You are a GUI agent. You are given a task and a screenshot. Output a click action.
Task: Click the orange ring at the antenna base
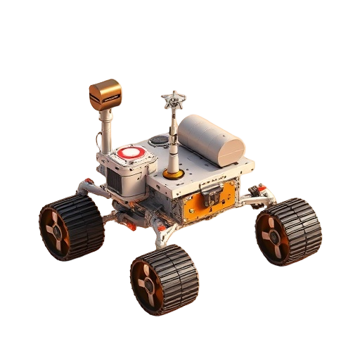(171, 173)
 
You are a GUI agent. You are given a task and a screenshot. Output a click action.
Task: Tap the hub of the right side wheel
(271, 236)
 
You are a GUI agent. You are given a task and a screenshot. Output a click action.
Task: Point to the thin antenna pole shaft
(170, 141)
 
